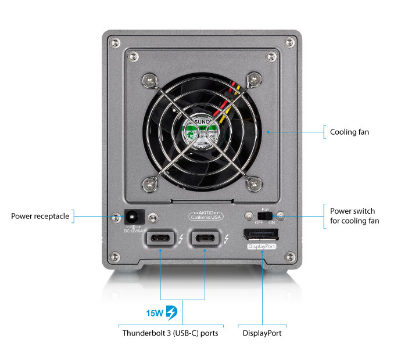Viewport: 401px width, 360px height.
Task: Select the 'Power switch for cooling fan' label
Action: (x=352, y=215)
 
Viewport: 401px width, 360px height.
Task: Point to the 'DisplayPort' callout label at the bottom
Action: (x=262, y=333)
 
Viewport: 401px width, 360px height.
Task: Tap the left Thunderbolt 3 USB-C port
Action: (x=161, y=238)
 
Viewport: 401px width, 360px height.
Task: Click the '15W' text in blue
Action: (x=155, y=312)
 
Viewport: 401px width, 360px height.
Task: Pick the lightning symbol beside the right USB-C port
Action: (x=226, y=238)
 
